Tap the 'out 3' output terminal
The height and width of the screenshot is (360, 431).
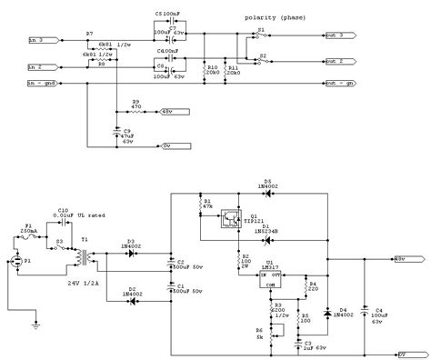pos(336,36)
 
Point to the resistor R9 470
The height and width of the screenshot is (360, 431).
pos(136,111)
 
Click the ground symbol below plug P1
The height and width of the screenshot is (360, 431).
pos(35,321)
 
